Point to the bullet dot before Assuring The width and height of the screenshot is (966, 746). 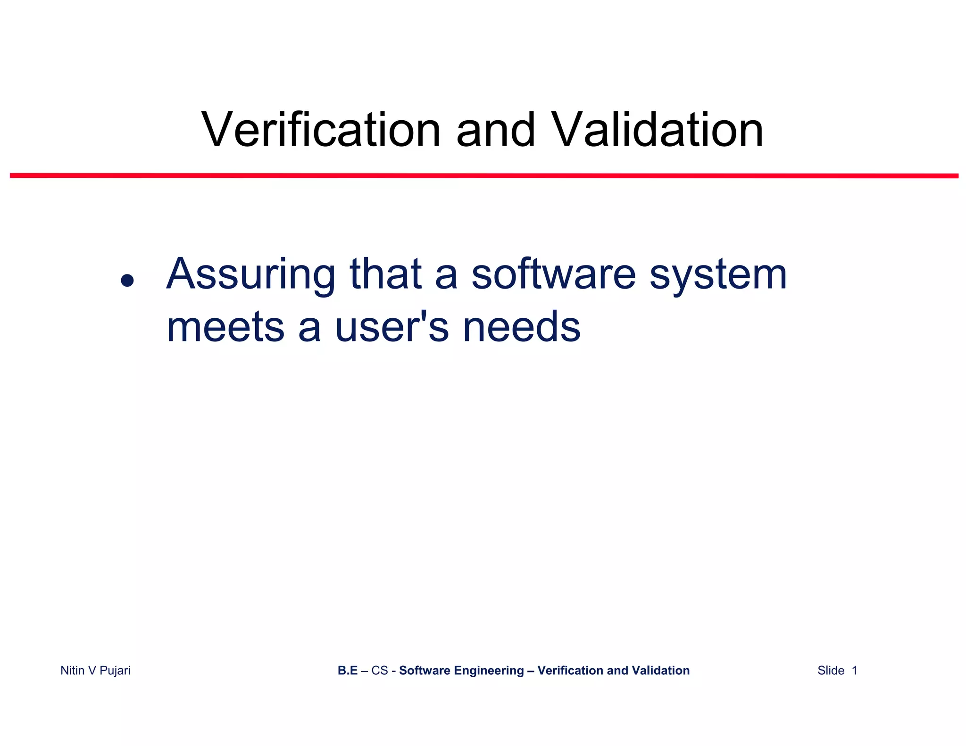tap(127, 281)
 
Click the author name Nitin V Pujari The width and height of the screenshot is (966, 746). tap(95, 671)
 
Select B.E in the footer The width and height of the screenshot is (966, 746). tap(348, 671)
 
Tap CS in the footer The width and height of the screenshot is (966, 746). tap(379, 671)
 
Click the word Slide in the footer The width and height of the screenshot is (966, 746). tap(831, 671)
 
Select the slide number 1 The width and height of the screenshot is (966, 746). tap(854, 671)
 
